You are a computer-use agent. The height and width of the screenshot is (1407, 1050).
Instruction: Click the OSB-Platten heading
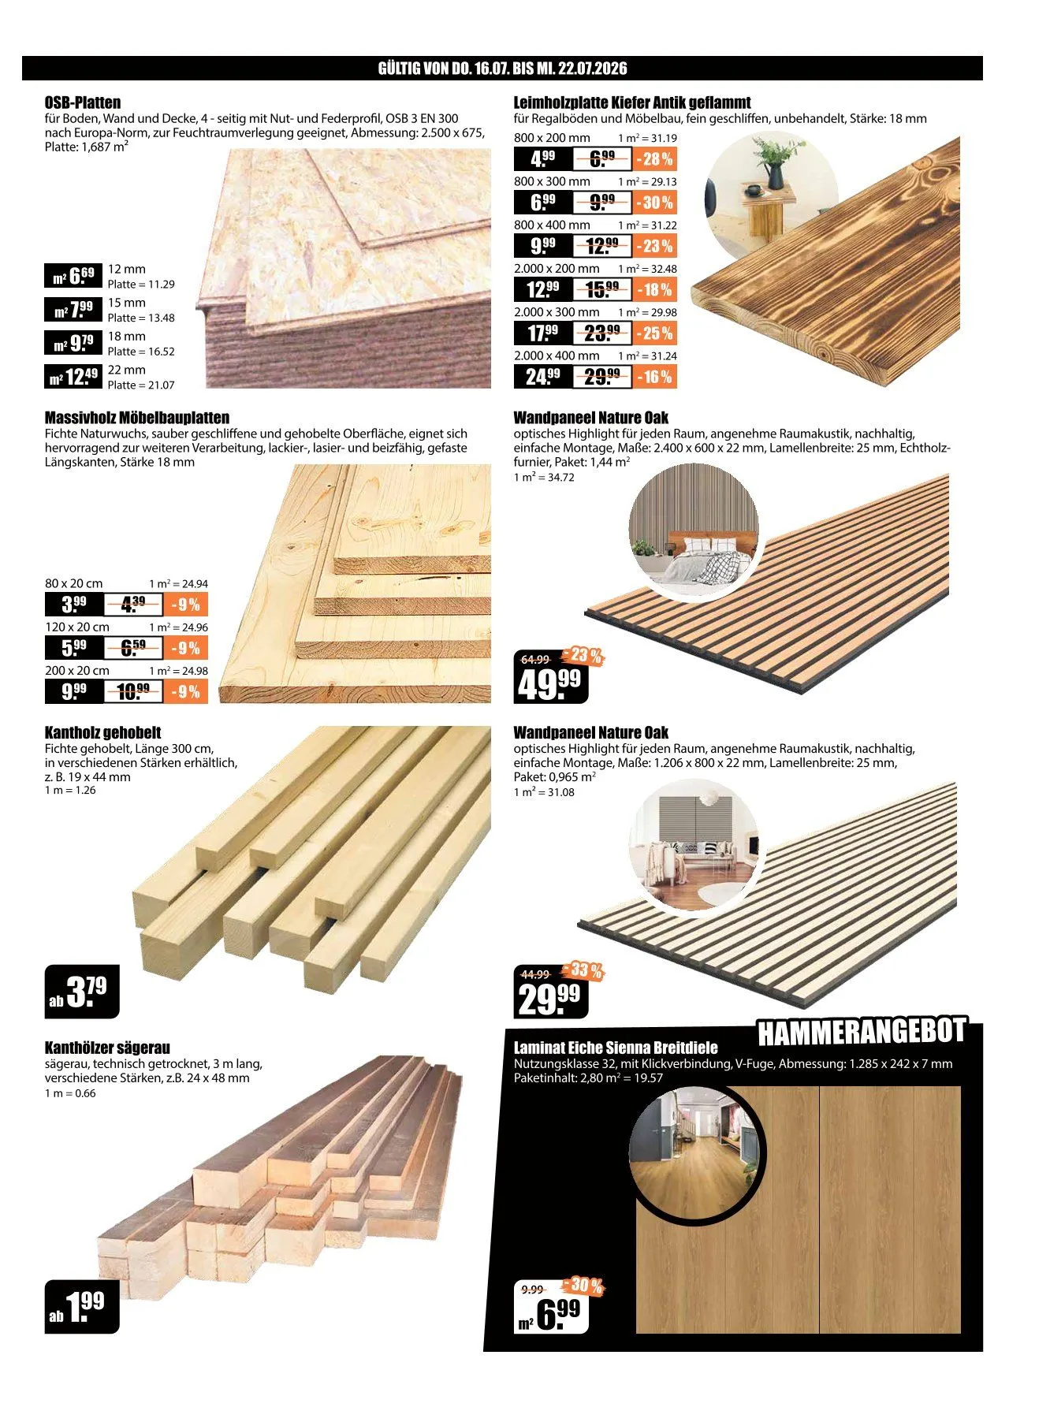pyautogui.click(x=83, y=102)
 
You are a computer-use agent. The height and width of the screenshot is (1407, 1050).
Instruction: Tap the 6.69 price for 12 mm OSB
pyautogui.click(x=73, y=276)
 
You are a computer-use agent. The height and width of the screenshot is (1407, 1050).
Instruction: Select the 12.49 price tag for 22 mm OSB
pyautogui.click(x=73, y=377)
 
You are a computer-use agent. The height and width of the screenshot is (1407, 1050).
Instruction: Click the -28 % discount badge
pyautogui.click(x=654, y=159)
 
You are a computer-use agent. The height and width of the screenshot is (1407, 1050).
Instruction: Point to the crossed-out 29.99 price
pyautogui.click(x=602, y=377)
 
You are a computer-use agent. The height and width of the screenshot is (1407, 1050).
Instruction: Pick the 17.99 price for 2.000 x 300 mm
pyautogui.click(x=543, y=333)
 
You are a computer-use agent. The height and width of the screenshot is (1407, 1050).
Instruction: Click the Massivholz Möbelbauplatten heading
pyautogui.click(x=137, y=418)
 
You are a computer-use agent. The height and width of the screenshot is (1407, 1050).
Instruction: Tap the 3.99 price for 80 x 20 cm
pyautogui.click(x=74, y=605)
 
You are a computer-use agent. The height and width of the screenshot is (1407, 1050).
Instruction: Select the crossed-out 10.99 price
pyautogui.click(x=132, y=692)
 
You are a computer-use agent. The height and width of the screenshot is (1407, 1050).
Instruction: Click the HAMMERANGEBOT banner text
pyautogui.click(x=862, y=1031)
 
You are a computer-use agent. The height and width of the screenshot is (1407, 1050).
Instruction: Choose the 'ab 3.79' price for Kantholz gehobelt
pyautogui.click(x=82, y=992)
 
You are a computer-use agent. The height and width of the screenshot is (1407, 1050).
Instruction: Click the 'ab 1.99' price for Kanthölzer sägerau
pyautogui.click(x=82, y=1306)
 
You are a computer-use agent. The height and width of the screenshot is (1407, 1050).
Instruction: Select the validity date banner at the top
pyautogui.click(x=503, y=68)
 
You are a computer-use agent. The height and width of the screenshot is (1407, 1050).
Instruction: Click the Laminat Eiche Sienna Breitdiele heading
pyautogui.click(x=616, y=1048)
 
